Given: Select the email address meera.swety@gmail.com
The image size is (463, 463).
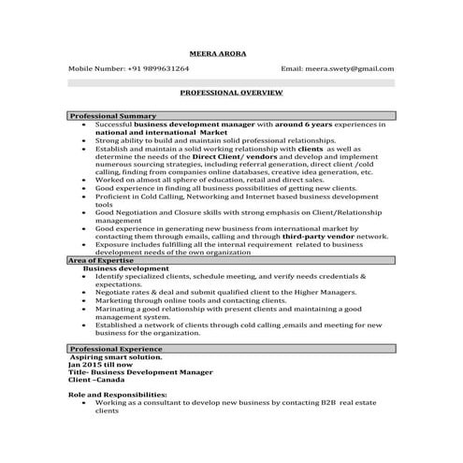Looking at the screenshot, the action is point(349,68).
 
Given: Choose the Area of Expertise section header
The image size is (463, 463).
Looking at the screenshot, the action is point(101,260).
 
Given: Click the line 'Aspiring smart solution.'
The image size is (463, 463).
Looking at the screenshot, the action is point(116,356).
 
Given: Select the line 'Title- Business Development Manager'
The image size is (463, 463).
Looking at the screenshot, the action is point(141,373).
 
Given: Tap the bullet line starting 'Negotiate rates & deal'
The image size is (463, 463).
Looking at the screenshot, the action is point(224,293).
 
